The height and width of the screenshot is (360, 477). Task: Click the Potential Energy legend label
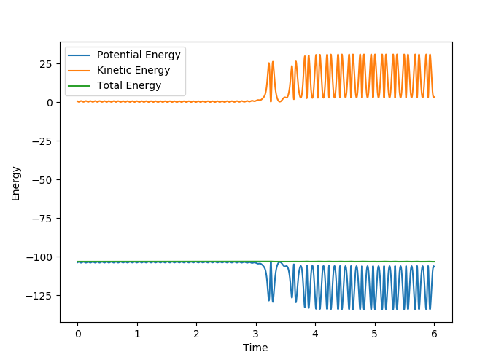tap(138, 55)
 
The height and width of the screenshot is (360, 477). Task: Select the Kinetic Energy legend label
tap(133, 70)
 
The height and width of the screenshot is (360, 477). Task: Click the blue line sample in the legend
tap(79, 55)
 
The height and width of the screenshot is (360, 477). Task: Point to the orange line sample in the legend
tap(79, 71)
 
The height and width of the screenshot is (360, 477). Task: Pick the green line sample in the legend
tap(79, 86)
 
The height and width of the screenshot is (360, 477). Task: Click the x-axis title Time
tap(255, 348)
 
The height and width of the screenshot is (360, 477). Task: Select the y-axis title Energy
tap(16, 183)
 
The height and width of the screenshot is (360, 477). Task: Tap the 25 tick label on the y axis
tap(46, 64)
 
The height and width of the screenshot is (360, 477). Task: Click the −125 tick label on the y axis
tap(39, 296)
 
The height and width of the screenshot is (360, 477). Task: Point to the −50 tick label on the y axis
tap(42, 180)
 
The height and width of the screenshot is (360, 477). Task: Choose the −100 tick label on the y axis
tap(39, 257)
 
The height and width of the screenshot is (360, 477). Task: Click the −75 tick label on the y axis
tap(42, 219)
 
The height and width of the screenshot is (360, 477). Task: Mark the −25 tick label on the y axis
tap(42, 141)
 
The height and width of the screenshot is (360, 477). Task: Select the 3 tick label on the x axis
tap(256, 333)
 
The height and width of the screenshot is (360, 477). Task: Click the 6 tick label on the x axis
tap(434, 333)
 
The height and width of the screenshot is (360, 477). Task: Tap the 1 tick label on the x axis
tap(137, 333)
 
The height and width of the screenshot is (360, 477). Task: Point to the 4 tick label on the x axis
tap(315, 333)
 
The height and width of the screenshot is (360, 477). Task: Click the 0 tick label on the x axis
tap(78, 333)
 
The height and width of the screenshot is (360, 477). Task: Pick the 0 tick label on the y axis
tap(49, 103)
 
